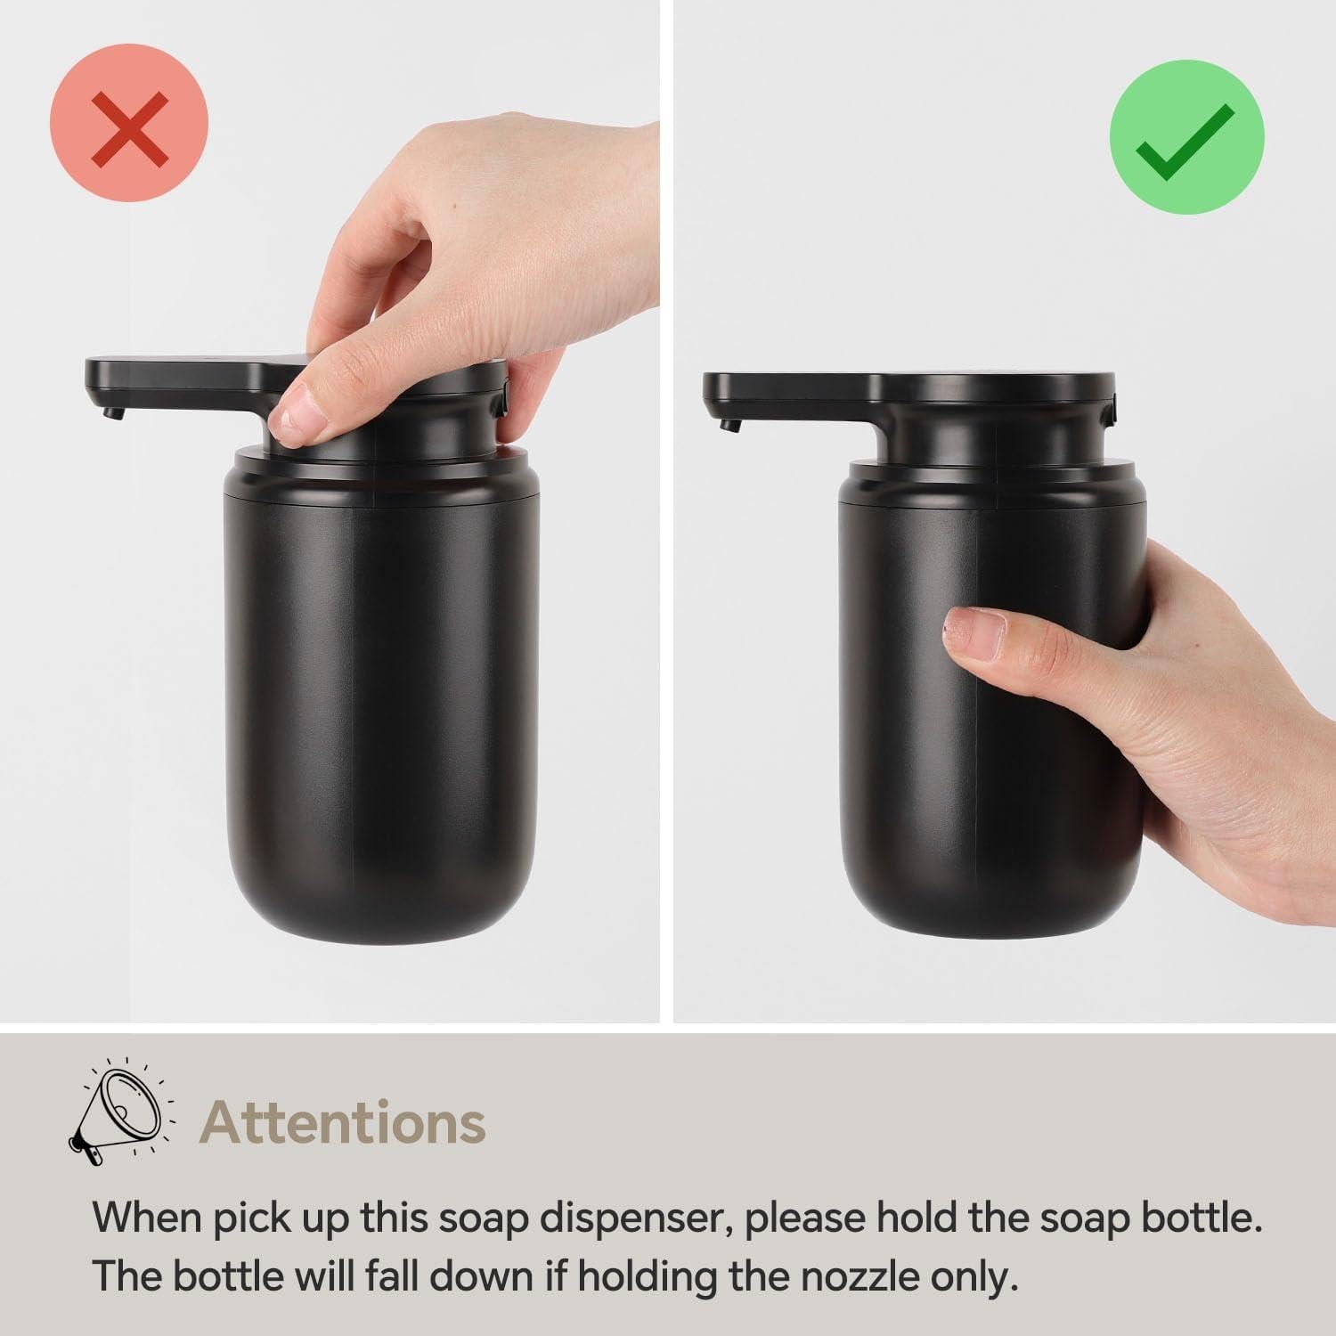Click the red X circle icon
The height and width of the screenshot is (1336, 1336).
click(129, 123)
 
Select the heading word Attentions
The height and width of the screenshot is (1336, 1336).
click(344, 1122)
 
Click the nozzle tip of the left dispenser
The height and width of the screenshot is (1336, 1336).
click(110, 412)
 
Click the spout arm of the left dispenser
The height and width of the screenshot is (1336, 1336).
click(178, 374)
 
